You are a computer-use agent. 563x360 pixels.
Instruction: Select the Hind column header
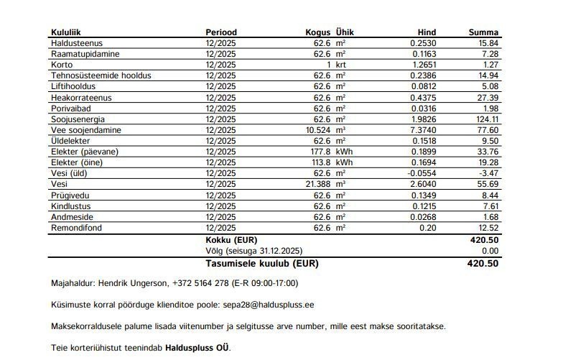point(427,32)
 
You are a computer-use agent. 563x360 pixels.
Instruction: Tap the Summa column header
point(483,32)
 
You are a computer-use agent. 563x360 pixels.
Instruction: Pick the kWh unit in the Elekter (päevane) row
point(345,152)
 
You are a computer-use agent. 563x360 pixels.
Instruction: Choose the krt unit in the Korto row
point(340,65)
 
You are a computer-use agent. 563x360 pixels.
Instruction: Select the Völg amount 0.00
point(490,251)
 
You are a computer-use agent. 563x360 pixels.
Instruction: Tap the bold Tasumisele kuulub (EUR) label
point(261,263)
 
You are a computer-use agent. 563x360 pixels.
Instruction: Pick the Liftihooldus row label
point(73,86)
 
